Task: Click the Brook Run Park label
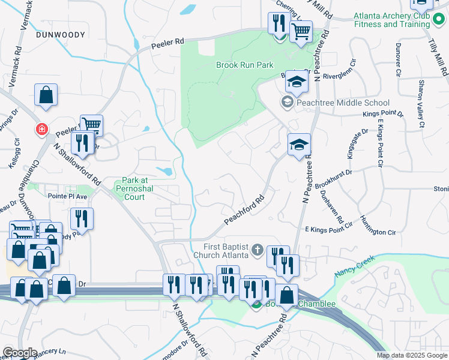[x=244, y=64]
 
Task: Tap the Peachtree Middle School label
[x=343, y=103]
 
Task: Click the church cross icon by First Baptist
[x=257, y=249]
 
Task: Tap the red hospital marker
[x=41, y=128]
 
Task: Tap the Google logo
[x=19, y=353]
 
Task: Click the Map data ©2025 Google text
[x=412, y=355]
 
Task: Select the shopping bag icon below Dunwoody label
[x=46, y=94]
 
